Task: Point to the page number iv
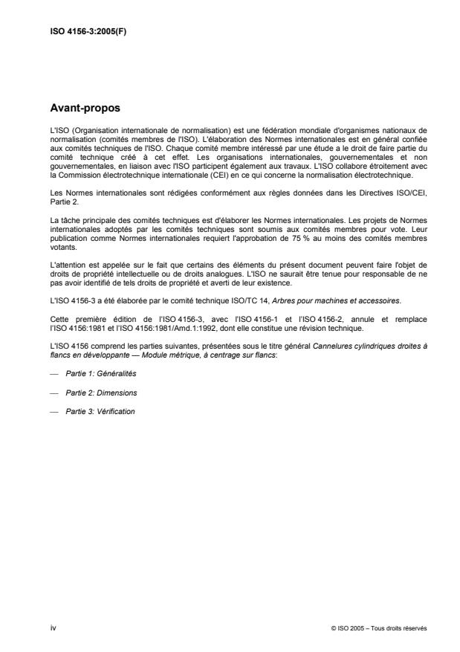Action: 52,627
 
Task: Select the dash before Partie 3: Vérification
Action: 53,412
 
